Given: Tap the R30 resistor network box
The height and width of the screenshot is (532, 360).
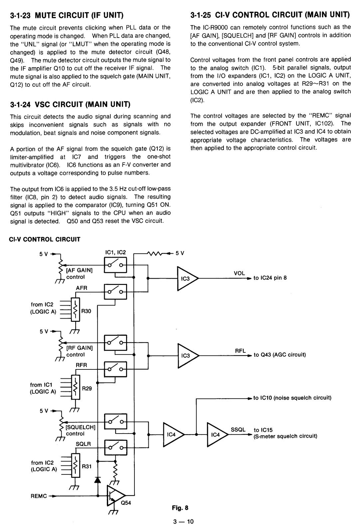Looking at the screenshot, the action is pos(75,309).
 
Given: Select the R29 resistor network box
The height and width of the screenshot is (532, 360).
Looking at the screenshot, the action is pos(76,387).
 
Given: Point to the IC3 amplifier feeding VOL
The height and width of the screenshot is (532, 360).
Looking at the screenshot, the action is pos(187,278).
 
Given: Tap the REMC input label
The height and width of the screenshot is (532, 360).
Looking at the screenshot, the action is pos(39,496).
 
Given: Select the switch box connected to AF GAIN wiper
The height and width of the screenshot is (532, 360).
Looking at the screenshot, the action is pos(115,265).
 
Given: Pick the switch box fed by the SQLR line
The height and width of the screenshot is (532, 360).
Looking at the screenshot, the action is pos(116,447).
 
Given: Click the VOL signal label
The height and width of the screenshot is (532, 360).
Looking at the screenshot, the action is pos(239,273).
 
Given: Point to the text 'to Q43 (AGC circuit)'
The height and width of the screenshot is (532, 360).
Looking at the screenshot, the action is pos(280,354).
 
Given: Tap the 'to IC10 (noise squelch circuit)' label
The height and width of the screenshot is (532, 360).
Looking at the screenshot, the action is pos(292,398).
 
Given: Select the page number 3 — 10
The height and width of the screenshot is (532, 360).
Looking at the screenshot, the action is pos(183,522).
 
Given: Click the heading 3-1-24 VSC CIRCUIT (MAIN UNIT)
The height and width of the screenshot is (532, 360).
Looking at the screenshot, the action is pos(70,104).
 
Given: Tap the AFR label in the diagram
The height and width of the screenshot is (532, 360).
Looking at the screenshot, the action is pos(82,288).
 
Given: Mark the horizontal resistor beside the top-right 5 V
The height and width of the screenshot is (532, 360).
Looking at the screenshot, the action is pos(155,254).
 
